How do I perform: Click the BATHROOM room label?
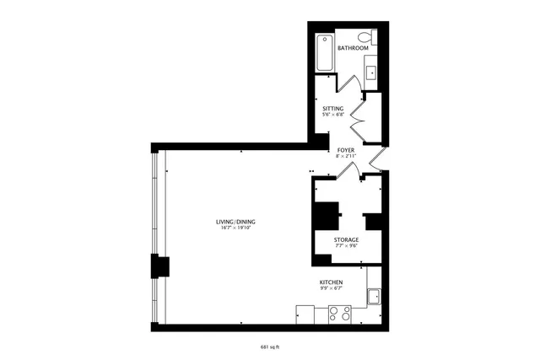(353, 48)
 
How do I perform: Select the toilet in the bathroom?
(366, 37)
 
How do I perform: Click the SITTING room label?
(332, 109)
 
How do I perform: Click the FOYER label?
(345, 150)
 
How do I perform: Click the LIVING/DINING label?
(237, 222)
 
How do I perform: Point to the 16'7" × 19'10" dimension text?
(237, 228)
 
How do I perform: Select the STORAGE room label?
(346, 240)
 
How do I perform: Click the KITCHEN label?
(331, 281)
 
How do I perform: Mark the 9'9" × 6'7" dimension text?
(331, 288)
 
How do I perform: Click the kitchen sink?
(375, 296)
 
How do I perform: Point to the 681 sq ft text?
(269, 345)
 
